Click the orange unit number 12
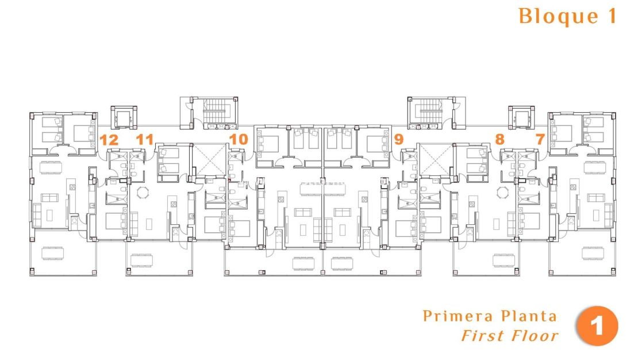[109, 139]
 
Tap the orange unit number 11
[145, 139]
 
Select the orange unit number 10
[239, 139]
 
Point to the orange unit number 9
[399, 139]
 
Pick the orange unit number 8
[499, 139]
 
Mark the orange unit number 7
[540, 139]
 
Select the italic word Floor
[534, 335]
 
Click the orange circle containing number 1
[597, 326]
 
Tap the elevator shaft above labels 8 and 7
[520, 118]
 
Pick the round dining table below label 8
[503, 192]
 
